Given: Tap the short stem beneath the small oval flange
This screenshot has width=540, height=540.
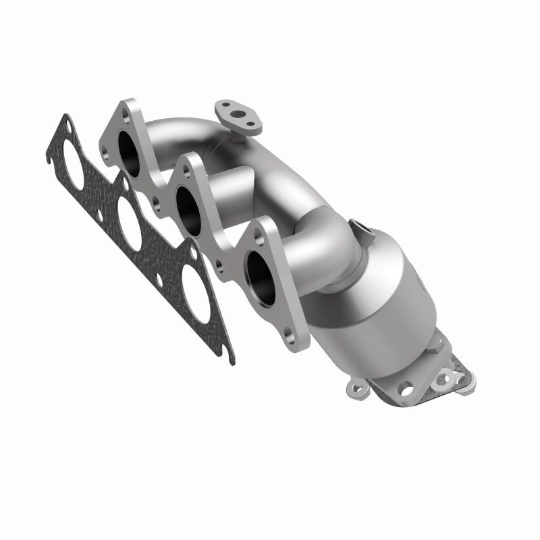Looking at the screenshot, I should pyautogui.click(x=238, y=135).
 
